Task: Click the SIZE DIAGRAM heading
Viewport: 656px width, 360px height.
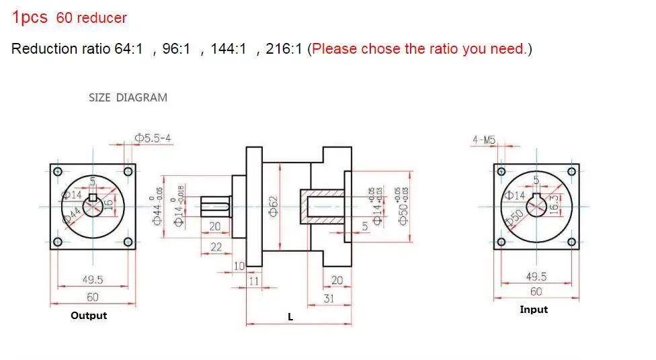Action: (x=128, y=97)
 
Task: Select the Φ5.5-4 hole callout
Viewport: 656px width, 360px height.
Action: (x=153, y=138)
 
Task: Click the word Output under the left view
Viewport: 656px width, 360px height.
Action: (x=89, y=315)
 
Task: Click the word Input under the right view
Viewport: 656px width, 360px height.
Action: (x=534, y=310)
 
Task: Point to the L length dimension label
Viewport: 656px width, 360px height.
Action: (x=290, y=317)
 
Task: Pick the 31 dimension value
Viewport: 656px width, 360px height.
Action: (x=328, y=298)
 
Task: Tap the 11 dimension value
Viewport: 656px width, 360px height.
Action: (x=253, y=281)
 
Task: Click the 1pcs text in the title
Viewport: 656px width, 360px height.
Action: (x=30, y=17)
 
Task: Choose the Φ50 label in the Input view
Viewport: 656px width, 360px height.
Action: (x=516, y=218)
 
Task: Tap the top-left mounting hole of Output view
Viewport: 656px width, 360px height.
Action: (x=57, y=170)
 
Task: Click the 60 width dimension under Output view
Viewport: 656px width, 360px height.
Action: (x=92, y=297)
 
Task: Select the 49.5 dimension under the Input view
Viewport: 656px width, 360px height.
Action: (x=536, y=276)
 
